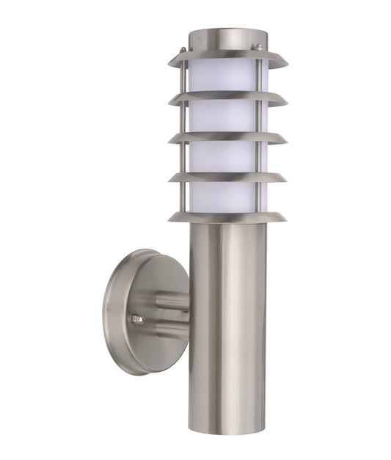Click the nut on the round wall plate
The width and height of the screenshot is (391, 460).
click(136, 319)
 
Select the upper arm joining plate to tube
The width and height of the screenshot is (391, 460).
click(171, 300)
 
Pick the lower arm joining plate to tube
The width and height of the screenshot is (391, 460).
click(171, 331)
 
